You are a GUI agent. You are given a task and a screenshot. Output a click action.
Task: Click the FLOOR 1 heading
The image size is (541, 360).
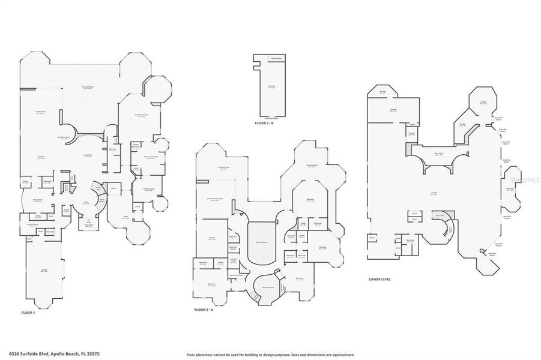pos(29,313)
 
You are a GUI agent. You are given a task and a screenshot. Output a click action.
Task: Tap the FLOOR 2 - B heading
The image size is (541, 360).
pos(264,123)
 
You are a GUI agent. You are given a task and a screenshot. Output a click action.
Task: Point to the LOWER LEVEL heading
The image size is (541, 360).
pos(381,279)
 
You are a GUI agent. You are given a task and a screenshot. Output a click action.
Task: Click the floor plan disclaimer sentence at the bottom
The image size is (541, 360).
pos(270,355)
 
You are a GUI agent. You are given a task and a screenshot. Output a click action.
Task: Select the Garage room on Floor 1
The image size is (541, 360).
pos(44,271)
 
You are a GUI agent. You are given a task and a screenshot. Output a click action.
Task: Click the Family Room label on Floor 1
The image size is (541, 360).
pos(40,112)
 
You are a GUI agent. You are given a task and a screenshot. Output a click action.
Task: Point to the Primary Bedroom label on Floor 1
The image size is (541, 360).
pos(141,115)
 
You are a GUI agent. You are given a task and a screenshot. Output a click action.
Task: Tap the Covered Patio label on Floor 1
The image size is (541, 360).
pos(90,88)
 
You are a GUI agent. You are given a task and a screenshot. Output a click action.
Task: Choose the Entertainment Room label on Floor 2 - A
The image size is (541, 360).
pos(215,199)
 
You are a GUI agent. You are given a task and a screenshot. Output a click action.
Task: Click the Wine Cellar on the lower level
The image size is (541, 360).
pos(438,154)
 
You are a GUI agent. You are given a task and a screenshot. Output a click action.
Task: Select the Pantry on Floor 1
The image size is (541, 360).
pos(26,181)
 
